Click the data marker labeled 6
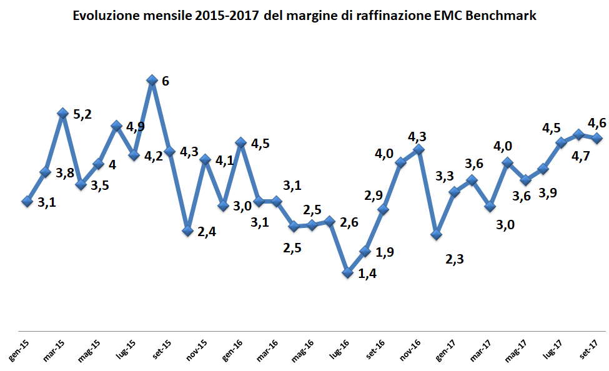tap(151, 81)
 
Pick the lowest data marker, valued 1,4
tap(348, 272)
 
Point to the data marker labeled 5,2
tap(62, 113)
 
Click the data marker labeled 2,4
tap(187, 230)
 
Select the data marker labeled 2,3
tap(437, 234)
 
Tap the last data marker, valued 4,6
tap(597, 139)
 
